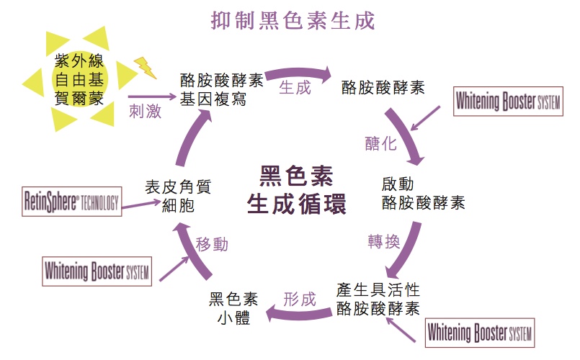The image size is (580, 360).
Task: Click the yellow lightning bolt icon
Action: tap(146, 66)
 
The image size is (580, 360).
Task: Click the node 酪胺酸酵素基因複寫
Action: tap(222, 88)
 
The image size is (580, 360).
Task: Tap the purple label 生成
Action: tap(295, 88)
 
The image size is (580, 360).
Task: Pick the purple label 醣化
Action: tap(380, 143)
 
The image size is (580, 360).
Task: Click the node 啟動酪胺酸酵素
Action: tap(423, 192)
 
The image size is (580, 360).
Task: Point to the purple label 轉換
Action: tap(383, 242)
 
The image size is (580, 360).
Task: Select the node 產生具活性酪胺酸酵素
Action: tap(378, 299)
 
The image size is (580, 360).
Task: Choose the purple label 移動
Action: tap(212, 244)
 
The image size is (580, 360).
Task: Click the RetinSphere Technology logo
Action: tap(71, 202)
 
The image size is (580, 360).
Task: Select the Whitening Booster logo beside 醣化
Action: tap(507, 102)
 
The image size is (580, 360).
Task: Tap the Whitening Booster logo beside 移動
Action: tap(97, 271)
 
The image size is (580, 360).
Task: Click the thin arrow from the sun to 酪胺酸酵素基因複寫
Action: tap(151, 96)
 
